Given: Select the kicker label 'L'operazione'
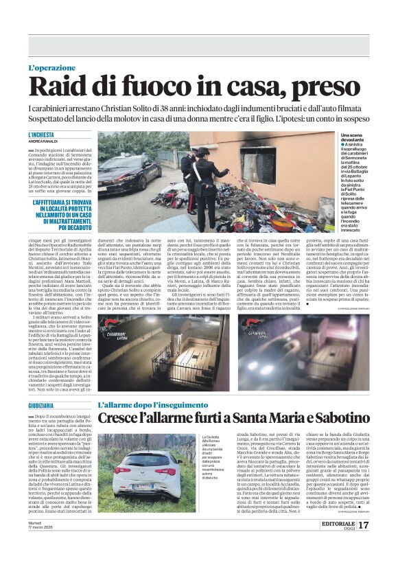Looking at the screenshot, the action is coord(54,68).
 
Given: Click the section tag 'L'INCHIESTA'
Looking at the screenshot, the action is coord(41,135).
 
